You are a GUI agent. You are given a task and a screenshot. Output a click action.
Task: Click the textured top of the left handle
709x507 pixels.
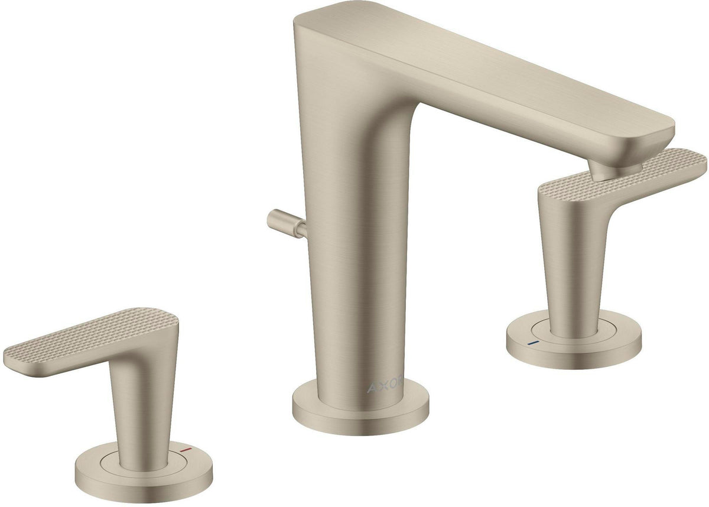[92, 335]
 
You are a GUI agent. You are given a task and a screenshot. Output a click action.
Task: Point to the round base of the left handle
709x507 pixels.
[144, 474]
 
